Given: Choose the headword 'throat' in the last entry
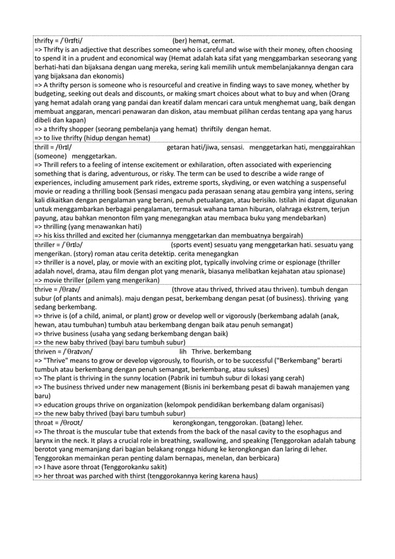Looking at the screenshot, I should click(45, 423).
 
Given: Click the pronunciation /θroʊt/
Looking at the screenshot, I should click(72, 423).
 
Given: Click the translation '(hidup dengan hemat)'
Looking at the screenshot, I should click(128, 137).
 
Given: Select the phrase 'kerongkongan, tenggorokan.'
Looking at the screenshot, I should click(215, 423).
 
